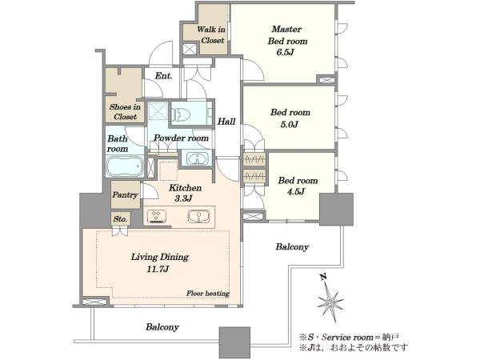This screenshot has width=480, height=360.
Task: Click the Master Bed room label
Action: (x=287, y=35)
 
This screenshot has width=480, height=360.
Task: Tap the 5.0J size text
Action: (x=290, y=125)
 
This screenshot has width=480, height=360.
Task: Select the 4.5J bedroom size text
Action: (x=296, y=192)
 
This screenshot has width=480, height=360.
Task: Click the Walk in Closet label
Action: (x=212, y=34)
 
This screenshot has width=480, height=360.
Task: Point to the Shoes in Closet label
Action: (x=125, y=112)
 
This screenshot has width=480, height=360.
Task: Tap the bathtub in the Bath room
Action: (x=125, y=167)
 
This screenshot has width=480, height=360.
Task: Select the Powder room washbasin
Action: (x=196, y=158)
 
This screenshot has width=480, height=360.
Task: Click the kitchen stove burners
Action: (x=157, y=216)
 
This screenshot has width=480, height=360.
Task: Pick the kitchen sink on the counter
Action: (x=198, y=216)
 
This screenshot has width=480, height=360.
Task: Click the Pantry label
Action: (x=125, y=195)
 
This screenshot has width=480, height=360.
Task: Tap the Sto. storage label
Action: (x=120, y=219)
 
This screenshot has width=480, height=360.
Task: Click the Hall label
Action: (x=226, y=122)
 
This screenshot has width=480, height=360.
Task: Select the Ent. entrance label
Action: (x=164, y=76)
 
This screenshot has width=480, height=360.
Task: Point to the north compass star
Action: (x=330, y=302)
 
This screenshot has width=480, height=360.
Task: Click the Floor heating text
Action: (x=208, y=294)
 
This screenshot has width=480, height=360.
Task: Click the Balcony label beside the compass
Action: (x=292, y=246)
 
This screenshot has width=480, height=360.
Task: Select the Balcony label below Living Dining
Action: (x=162, y=327)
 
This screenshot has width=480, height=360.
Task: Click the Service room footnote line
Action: (x=349, y=338)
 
